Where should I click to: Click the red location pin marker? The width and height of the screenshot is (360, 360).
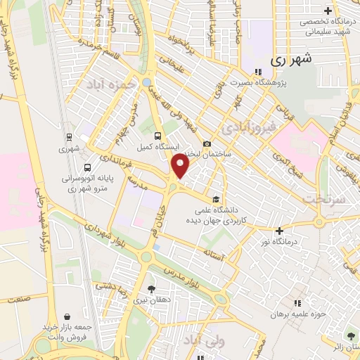pos(181,166)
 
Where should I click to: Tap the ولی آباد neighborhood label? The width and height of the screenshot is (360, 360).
pos(203,341)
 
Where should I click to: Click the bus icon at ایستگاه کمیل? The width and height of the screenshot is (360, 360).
pos(157,136)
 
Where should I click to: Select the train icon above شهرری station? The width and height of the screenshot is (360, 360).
pos(69,137)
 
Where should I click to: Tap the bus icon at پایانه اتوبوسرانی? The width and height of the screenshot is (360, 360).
pos(86,168)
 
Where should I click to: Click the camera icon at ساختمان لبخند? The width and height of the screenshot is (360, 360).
pos(207,144)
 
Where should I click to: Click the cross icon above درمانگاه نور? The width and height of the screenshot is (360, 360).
pos(280,230)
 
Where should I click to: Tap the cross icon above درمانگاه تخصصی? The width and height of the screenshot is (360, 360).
pos(328,11)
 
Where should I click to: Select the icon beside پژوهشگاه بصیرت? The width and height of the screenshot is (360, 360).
pos(258,71)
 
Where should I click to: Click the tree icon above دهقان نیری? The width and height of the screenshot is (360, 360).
pos(151,288)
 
